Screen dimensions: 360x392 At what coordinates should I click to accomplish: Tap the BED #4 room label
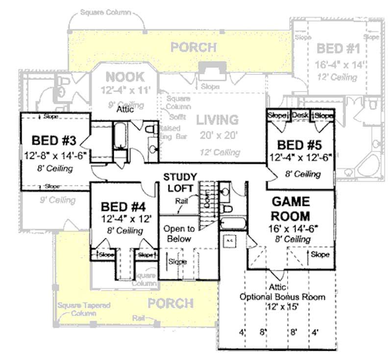122,206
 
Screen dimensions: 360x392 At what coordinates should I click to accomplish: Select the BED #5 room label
298,145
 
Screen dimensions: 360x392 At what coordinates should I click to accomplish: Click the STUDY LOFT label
180,182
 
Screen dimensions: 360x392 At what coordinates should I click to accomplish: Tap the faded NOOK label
125,77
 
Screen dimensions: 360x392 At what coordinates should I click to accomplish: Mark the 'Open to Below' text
179,234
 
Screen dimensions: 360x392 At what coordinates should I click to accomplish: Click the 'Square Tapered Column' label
83,309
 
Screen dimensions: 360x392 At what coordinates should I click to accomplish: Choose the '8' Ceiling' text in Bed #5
303,174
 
